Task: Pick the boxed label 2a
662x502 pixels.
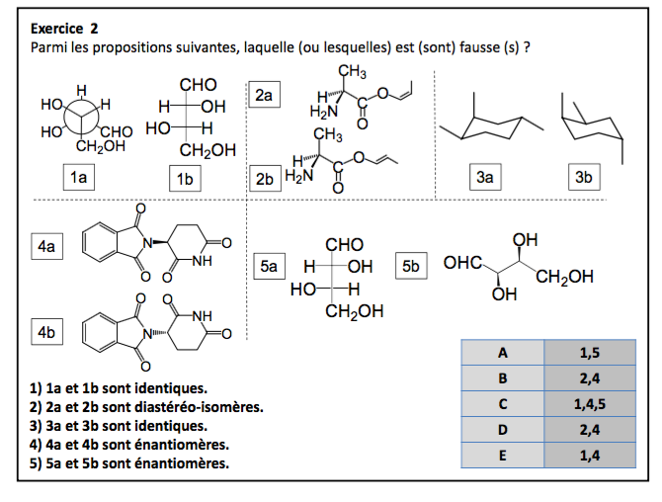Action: pos(266,95)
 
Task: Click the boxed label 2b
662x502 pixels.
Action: pos(265,179)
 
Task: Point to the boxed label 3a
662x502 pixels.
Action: pos(484,178)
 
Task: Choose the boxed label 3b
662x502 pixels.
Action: pos(585,178)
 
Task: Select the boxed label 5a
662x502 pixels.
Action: pos(269,266)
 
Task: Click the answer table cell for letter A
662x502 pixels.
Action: pos(502,352)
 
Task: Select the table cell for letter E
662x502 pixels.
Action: pos(502,455)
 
